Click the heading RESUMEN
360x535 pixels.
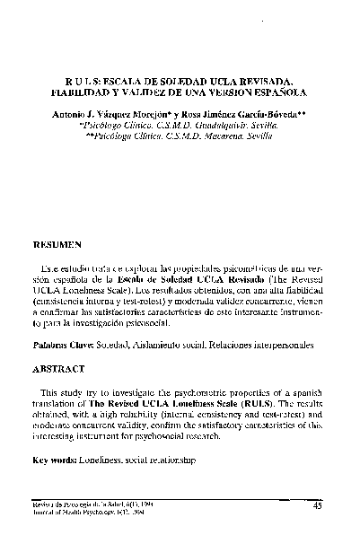(57, 243)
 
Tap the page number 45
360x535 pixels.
(318, 506)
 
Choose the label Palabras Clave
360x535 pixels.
(64, 343)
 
